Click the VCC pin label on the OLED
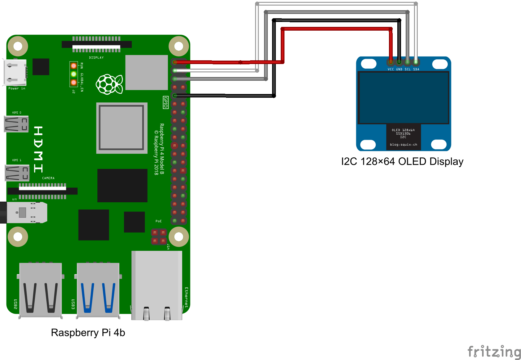391,69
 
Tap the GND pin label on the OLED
399,69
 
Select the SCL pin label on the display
408,69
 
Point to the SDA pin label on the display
416,69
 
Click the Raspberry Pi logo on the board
109,84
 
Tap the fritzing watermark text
494,352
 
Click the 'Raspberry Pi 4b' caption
88,332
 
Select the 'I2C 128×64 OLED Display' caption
402,161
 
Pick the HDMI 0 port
16,124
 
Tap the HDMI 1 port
17,173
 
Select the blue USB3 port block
98,290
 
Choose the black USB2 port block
41,290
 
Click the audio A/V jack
25,212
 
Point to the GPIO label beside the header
165,102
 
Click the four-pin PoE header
159,237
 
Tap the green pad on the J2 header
74,74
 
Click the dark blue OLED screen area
403,98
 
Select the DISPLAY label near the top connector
96,58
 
